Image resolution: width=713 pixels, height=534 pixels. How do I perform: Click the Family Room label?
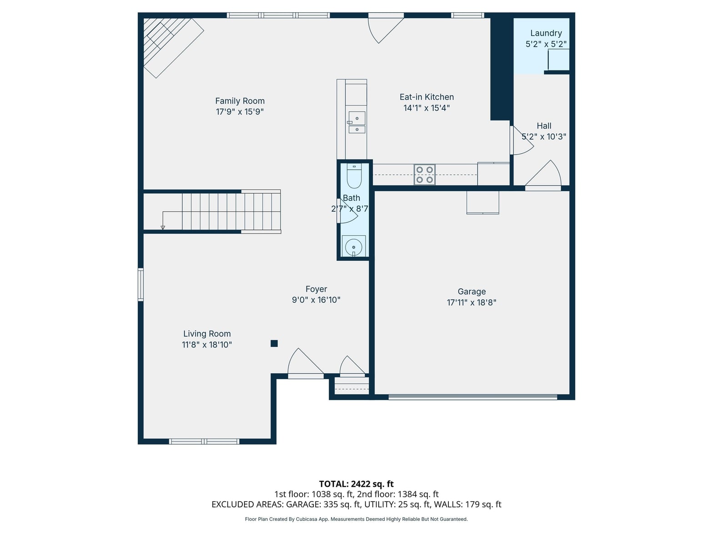(x=240, y=101)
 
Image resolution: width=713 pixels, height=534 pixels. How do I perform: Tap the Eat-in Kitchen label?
(x=427, y=97)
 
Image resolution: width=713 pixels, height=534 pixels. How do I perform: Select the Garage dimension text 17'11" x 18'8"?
(x=472, y=302)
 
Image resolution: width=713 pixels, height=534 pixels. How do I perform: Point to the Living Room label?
(x=207, y=334)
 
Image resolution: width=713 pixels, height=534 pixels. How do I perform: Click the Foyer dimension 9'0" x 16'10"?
(x=316, y=300)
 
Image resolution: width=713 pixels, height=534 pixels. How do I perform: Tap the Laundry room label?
(x=546, y=33)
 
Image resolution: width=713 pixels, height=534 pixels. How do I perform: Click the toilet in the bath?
(x=354, y=176)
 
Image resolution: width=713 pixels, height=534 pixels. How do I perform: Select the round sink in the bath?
(x=353, y=247)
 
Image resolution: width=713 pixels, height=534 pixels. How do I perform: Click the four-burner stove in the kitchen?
(x=425, y=175)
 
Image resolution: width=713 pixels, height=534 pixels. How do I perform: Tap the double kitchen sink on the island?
(x=356, y=122)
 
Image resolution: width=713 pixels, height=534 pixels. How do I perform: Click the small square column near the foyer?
(x=274, y=343)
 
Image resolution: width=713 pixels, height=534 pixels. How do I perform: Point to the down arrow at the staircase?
(x=163, y=227)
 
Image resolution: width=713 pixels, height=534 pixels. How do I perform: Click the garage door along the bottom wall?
(x=472, y=397)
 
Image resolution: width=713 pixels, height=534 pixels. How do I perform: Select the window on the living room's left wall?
(x=141, y=285)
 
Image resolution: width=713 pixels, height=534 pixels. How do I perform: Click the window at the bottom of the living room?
(x=204, y=441)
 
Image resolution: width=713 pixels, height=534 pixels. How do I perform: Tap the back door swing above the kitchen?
(x=386, y=28)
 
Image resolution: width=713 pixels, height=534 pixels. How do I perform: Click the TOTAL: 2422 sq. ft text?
(x=356, y=484)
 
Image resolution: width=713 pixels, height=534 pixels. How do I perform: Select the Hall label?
(x=544, y=126)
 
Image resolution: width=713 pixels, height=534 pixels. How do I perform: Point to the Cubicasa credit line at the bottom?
(x=356, y=519)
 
